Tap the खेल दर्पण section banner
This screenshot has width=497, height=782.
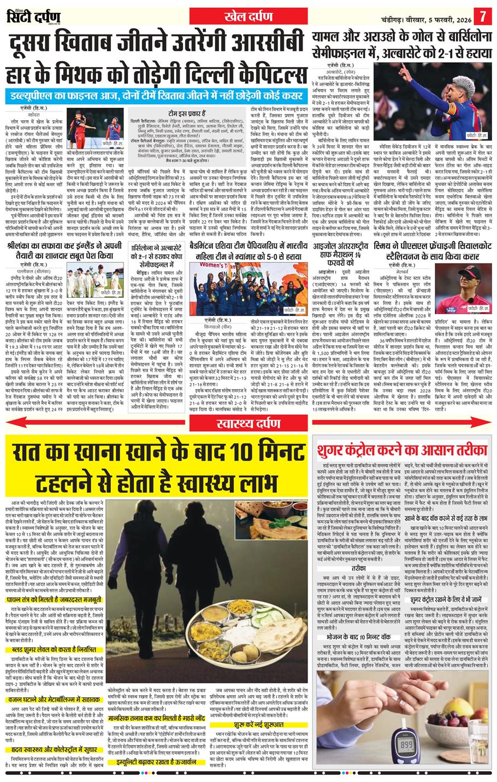(x=249, y=17)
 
